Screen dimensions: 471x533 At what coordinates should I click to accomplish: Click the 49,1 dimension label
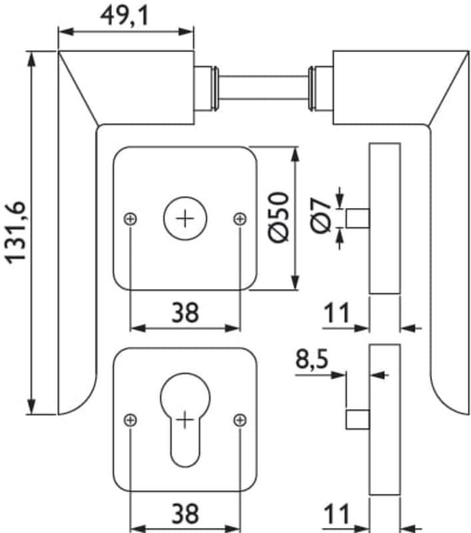(125, 16)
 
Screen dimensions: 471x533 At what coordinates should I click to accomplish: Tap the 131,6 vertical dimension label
(15, 233)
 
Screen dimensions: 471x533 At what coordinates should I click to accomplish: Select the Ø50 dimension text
(278, 218)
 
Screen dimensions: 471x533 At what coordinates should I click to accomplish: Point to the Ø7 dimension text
(320, 216)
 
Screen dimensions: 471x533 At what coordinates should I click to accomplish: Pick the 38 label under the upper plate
(185, 312)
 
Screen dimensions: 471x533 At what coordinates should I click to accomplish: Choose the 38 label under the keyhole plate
(185, 514)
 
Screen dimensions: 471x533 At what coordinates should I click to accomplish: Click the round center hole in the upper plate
(185, 219)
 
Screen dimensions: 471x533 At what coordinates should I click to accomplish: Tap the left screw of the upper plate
(130, 219)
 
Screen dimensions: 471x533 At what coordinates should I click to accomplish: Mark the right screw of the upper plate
(240, 219)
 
